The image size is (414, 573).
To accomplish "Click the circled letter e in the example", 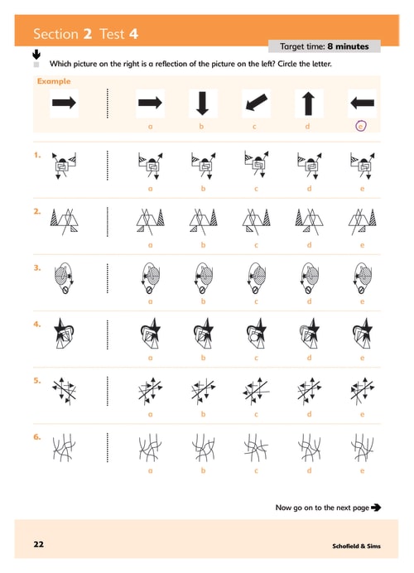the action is coord(361,126).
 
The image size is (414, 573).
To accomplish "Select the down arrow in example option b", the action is coord(202,104).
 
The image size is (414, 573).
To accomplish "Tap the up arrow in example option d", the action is coord(308,104).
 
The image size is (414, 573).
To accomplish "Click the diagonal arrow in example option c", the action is coord(256,103).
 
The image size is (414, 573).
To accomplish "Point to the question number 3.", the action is coord(37,267).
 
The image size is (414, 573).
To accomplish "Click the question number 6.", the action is coord(37,437).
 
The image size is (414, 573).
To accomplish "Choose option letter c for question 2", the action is coord(256,245).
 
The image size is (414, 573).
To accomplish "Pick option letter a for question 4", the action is coord(150,358).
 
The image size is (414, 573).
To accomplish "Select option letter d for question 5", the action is coord(309,414).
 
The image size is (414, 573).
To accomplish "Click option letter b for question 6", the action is coord(203,470).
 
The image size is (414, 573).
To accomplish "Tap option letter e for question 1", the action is coord(362,189).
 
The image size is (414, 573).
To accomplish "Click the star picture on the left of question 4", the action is coord(64,333).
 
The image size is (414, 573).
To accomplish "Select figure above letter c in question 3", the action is coord(256,278).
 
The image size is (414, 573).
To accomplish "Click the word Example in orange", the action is coord(54,81).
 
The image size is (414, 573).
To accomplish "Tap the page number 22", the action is coord(39,544).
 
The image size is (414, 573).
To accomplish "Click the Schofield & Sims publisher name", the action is coord(356,546).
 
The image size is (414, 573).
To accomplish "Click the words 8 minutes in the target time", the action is coord(349,46).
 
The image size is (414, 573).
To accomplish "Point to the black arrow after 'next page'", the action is coord(376,508).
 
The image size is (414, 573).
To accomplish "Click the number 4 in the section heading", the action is coord(134,34).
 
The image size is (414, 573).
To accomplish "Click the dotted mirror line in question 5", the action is coord(108,392).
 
